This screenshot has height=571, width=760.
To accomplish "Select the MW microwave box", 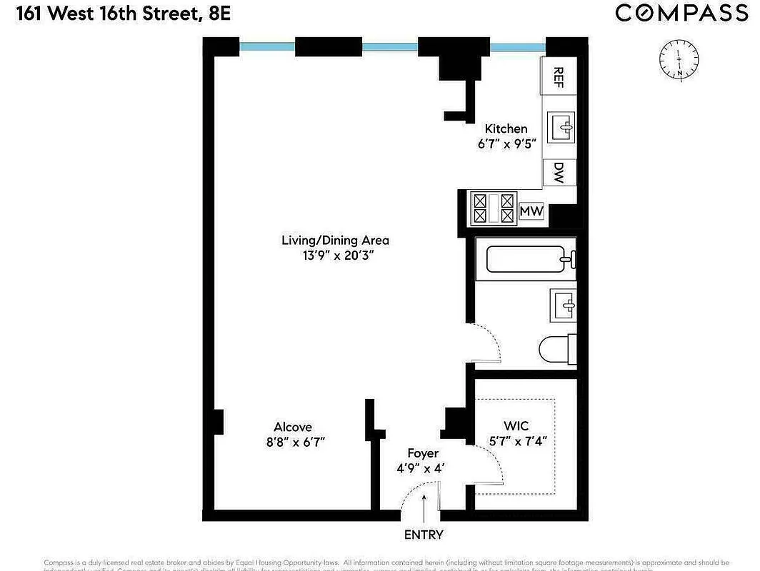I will click(x=531, y=211).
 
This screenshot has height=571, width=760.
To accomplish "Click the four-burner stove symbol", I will click(x=494, y=208).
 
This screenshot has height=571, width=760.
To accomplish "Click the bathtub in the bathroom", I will click(x=530, y=258).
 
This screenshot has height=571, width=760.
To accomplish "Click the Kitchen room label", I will click(x=506, y=129).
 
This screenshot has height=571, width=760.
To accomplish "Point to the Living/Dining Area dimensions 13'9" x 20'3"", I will click(x=335, y=256).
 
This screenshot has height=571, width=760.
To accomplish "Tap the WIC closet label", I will click(x=516, y=427).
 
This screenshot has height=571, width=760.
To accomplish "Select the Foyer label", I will click(x=423, y=453).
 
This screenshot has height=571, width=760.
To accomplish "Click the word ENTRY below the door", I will click(x=424, y=535).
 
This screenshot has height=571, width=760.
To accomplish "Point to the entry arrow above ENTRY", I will click(x=424, y=509).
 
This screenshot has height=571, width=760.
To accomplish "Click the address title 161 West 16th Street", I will click(x=114, y=14).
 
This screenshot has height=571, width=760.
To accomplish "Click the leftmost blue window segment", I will click(x=267, y=46).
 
